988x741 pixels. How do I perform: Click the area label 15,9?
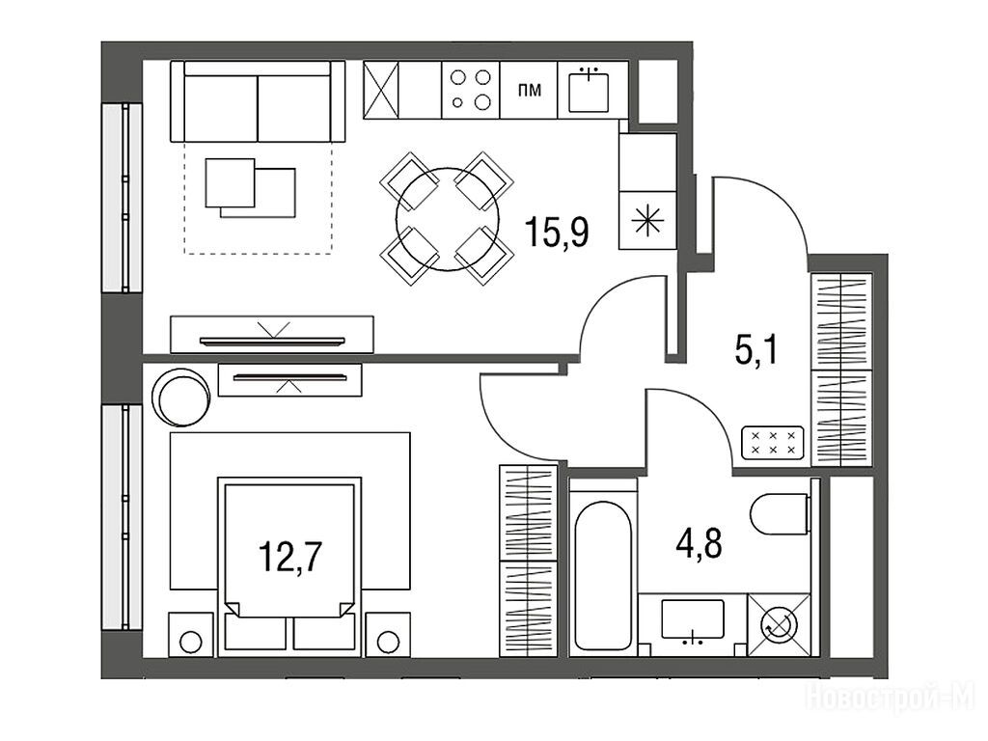pyautogui.click(x=557, y=232)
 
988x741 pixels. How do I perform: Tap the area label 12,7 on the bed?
pyautogui.click(x=290, y=557)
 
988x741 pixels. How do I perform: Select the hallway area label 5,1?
pyautogui.click(x=756, y=350)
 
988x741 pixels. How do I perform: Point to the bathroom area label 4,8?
pyautogui.click(x=699, y=544)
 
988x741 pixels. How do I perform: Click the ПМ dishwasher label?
pyautogui.click(x=530, y=91)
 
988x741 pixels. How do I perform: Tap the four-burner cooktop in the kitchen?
pyautogui.click(x=471, y=90)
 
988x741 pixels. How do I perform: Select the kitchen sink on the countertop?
pyautogui.click(x=589, y=91)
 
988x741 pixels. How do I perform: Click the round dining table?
pyautogui.click(x=448, y=219)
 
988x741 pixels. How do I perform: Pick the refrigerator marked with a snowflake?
pyautogui.click(x=647, y=220)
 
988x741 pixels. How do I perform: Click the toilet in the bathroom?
pyautogui.click(x=780, y=513)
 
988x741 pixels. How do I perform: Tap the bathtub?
pyautogui.click(x=603, y=575)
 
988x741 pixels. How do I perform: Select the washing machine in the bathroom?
pyautogui.click(x=779, y=624)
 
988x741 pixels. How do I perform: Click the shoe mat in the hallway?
pyautogui.click(x=773, y=442)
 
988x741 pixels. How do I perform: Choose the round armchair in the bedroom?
pyautogui.click(x=181, y=397)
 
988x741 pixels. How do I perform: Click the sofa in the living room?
pyautogui.click(x=258, y=101)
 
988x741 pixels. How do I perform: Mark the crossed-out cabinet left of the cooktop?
pyautogui.click(x=382, y=90)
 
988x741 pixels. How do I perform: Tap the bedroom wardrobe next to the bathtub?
pyautogui.click(x=528, y=561)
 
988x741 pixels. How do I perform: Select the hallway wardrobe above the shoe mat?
pyautogui.click(x=841, y=370)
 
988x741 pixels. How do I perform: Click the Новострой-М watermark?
pyautogui.click(x=891, y=697)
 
